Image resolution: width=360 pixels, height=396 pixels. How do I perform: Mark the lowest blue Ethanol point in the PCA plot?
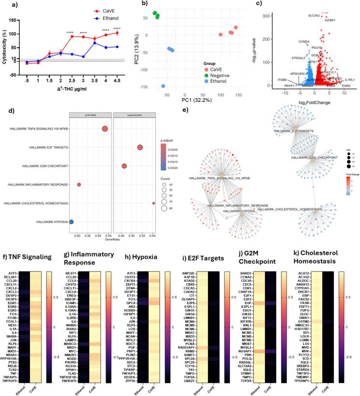tap(164, 86)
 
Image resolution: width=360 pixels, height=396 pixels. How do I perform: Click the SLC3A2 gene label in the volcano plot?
tap(316, 16)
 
